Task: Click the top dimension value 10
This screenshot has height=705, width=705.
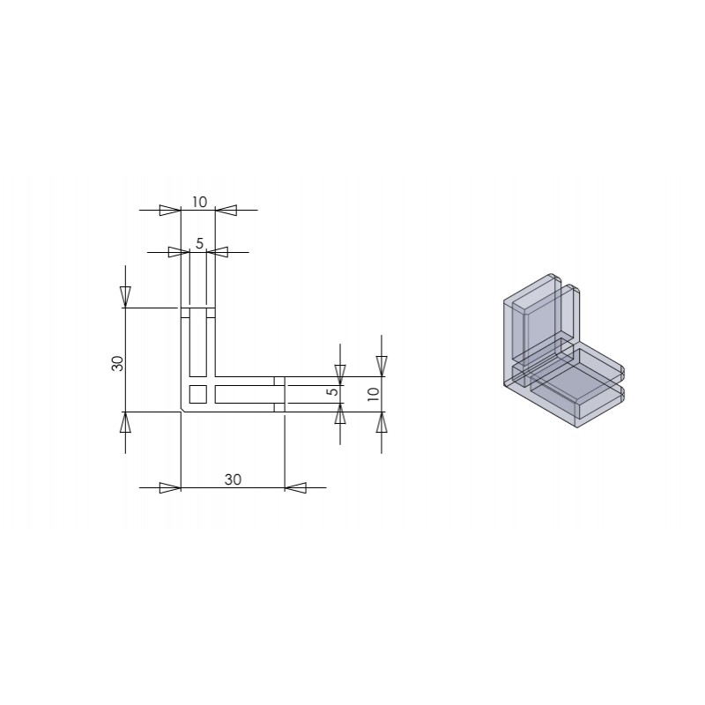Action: (x=199, y=203)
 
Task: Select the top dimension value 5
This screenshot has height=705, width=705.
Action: (x=200, y=243)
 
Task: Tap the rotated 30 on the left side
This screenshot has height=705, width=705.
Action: (x=117, y=363)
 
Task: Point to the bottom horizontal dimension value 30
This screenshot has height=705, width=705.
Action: (x=233, y=479)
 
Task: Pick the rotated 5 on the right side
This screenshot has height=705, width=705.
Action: (x=333, y=391)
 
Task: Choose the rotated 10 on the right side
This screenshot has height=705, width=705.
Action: (x=374, y=394)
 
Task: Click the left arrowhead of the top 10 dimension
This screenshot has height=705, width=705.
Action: (x=170, y=210)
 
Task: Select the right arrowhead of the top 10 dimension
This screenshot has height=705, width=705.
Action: (x=226, y=210)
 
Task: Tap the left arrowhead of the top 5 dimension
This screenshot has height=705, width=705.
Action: (x=179, y=252)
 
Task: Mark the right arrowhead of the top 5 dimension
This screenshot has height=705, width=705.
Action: (x=217, y=252)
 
